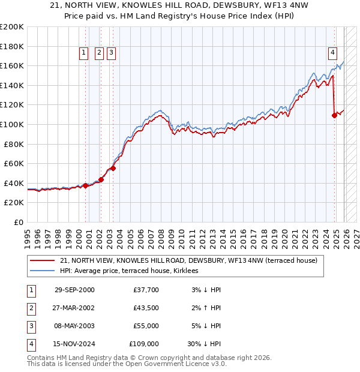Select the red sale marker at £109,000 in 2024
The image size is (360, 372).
coord(334,115)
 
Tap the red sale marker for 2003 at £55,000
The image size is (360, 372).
coord(113,168)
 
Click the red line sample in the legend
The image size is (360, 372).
coord(42,261)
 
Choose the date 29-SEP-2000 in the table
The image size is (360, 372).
coord(74,290)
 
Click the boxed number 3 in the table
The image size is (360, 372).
coord(31,326)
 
